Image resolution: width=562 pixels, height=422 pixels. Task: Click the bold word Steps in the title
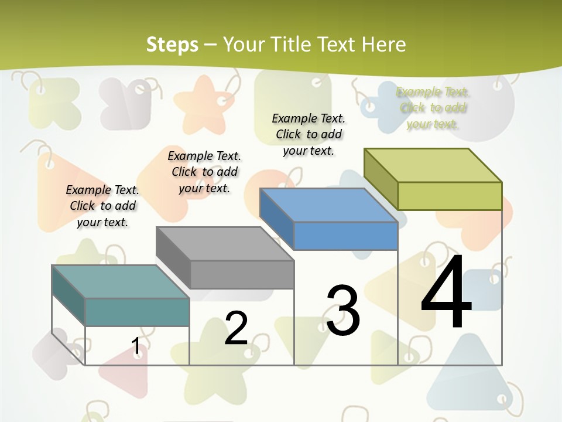pyautogui.click(x=172, y=45)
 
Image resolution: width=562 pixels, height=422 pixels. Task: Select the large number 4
pyautogui.click(x=446, y=295)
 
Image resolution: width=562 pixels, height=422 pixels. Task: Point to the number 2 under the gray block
pyautogui.click(x=236, y=328)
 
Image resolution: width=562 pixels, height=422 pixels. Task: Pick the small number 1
pyautogui.click(x=136, y=346)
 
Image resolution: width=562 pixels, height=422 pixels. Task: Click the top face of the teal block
pyautogui.click(x=121, y=281)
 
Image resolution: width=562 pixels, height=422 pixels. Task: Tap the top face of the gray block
pyautogui.click(x=225, y=243)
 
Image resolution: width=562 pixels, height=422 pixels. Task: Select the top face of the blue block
pyautogui.click(x=328, y=205)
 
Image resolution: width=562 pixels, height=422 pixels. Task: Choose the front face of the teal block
pyautogui.click(x=137, y=312)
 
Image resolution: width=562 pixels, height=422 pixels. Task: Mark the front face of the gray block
pyautogui.click(x=242, y=274)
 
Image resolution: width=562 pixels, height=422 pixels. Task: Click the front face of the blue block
pyautogui.click(x=345, y=236)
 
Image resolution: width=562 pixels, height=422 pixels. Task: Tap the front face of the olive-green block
pyautogui.click(x=450, y=196)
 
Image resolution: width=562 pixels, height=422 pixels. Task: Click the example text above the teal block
pyautogui.click(x=102, y=206)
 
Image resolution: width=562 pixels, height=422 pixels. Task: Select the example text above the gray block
pyautogui.click(x=204, y=172)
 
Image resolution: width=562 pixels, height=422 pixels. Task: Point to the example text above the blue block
pyautogui.click(x=309, y=134)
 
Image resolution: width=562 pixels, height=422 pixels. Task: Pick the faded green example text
pyautogui.click(x=433, y=108)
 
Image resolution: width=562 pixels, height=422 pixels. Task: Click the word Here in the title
pyautogui.click(x=384, y=45)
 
